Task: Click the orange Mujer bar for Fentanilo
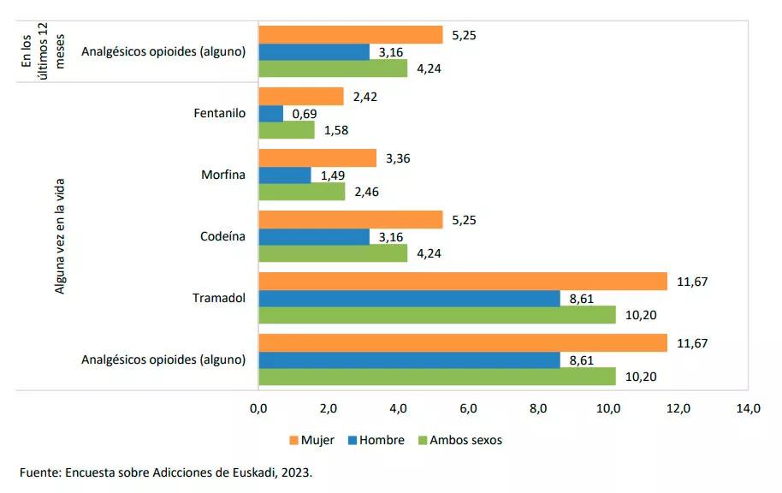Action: click(x=300, y=97)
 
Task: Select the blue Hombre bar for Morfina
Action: click(x=284, y=175)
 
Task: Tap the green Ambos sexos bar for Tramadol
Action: click(x=436, y=315)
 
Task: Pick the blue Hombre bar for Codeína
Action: click(x=313, y=237)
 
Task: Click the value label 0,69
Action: click(x=305, y=114)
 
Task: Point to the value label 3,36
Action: click(x=399, y=158)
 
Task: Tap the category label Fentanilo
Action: click(x=220, y=113)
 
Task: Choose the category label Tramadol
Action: click(x=219, y=298)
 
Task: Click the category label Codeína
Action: click(x=222, y=236)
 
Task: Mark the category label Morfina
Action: click(x=223, y=175)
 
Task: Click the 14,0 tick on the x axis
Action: click(x=748, y=409)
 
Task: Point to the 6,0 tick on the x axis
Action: click(x=468, y=409)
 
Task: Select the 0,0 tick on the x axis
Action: click(x=258, y=409)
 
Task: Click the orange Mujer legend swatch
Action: click(x=293, y=441)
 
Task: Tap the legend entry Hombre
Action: click(x=382, y=441)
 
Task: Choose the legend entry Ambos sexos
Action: click(x=465, y=441)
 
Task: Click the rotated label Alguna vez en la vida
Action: click(x=60, y=235)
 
